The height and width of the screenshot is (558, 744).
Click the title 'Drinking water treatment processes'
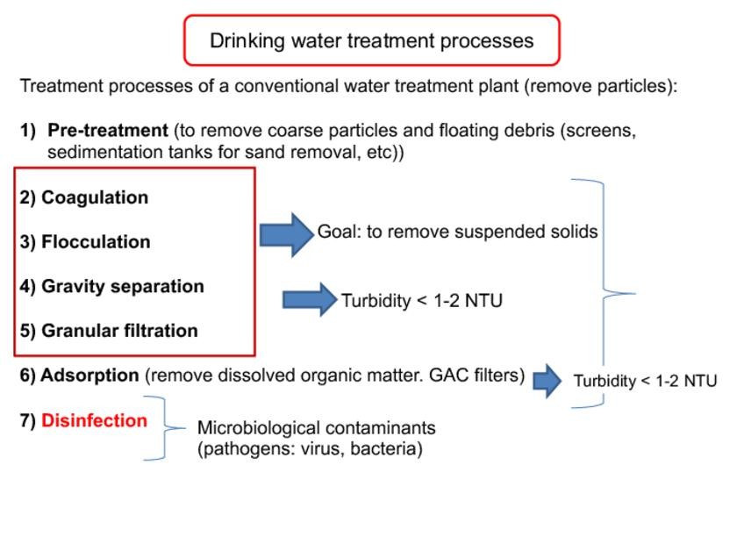371,40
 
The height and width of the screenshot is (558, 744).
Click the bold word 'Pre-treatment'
107,131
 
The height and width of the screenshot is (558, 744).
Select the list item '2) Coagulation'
84,197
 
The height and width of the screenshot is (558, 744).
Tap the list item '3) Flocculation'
85,241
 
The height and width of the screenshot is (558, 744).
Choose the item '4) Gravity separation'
111,286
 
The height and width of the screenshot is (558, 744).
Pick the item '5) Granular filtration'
109,331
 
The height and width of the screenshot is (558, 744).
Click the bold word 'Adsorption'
89,376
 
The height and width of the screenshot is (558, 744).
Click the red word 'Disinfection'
94,420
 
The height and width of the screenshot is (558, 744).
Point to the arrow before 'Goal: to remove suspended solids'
286,234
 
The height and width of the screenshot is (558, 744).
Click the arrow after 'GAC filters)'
547,381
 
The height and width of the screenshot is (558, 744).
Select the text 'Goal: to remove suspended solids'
457,232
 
